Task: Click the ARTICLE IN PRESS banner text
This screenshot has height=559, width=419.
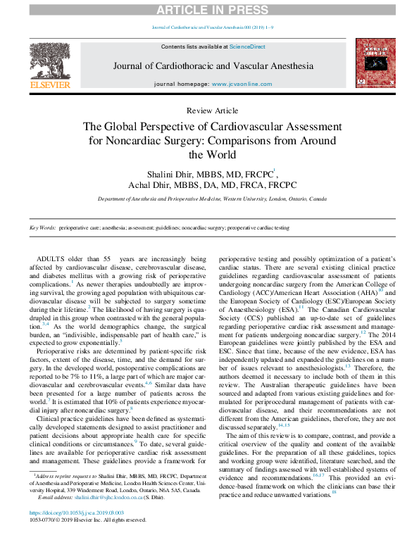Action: tap(209, 8)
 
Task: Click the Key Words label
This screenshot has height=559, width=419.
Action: tap(42, 228)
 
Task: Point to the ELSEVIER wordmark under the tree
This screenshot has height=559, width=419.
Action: tap(51, 85)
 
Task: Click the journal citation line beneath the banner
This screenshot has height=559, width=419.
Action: tap(209, 27)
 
